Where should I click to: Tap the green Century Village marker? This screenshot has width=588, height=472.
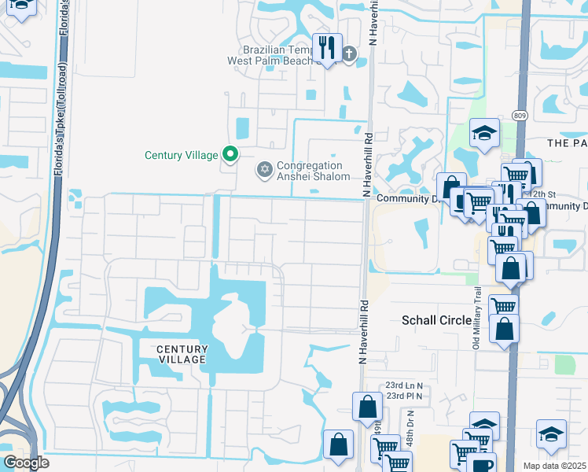pyautogui.click(x=230, y=154)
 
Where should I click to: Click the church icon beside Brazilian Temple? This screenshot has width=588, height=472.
pyautogui.click(x=349, y=55)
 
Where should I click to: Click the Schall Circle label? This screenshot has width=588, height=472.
pyautogui.click(x=437, y=320)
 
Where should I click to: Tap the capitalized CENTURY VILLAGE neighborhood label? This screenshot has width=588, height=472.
pyautogui.click(x=181, y=354)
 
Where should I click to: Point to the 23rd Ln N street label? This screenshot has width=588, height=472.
pyautogui.click(x=404, y=385)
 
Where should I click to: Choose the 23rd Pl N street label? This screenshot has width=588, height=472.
pyautogui.click(x=404, y=396)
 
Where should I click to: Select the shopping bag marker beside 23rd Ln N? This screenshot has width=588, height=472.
pyautogui.click(x=367, y=407)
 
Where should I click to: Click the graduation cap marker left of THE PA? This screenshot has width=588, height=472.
pyautogui.click(x=484, y=133)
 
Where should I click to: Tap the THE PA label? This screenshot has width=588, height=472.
pyautogui.click(x=567, y=142)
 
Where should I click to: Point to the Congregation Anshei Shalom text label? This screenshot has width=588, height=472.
pyautogui.click(x=310, y=171)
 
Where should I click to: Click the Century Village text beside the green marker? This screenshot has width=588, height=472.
pyautogui.click(x=181, y=155)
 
